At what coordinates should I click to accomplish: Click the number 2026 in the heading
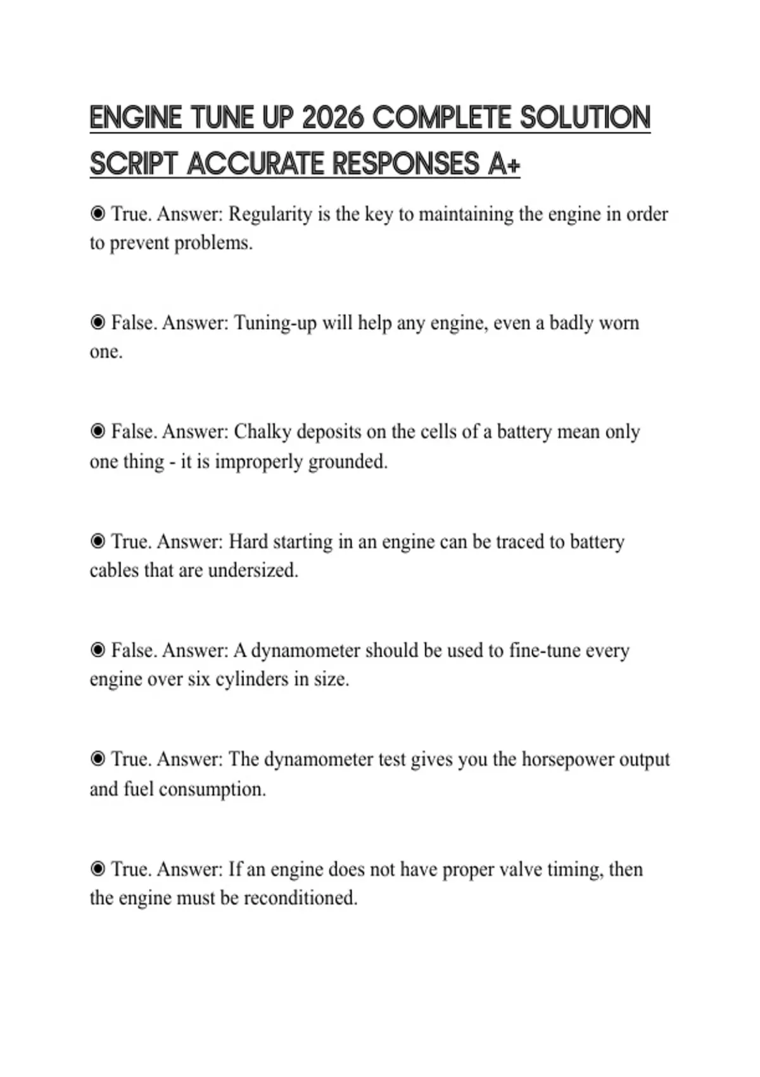(333, 118)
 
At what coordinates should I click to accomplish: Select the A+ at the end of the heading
(504, 164)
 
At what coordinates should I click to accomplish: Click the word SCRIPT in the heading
(133, 164)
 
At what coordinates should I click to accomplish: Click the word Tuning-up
(275, 323)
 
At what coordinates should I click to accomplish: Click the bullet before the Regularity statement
(98, 214)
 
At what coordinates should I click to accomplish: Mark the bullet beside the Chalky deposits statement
(98, 432)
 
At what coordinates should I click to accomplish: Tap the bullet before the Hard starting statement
(98, 542)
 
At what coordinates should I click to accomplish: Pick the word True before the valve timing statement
(130, 869)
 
